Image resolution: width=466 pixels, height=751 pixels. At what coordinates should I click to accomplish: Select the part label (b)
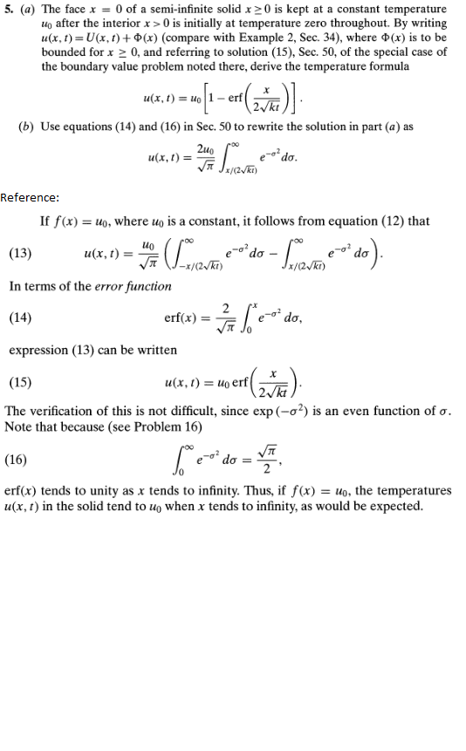[26, 127]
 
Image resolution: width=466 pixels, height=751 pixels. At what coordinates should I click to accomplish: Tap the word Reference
[28, 197]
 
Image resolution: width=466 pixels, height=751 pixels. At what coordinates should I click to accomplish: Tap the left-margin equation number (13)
[20, 254]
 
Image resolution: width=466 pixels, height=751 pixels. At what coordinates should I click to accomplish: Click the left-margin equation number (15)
[20, 382]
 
